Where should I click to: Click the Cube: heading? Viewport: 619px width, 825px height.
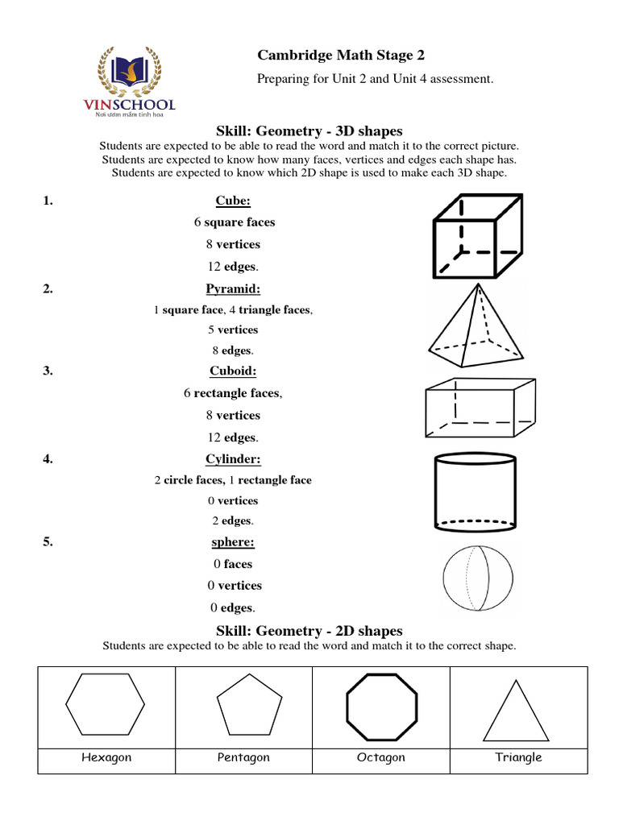pos(233,201)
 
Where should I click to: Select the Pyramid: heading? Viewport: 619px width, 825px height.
pos(233,288)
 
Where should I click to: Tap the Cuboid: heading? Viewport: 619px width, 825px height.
pos(233,371)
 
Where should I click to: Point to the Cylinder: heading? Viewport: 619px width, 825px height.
pos(233,459)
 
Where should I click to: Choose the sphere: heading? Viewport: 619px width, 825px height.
pos(233,542)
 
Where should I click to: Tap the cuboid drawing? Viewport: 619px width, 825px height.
pos(480,406)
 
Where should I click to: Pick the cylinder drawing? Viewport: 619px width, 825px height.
pos(476,492)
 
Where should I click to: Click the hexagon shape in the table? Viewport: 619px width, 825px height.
pos(106,703)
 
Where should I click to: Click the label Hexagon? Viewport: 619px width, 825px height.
pos(106,757)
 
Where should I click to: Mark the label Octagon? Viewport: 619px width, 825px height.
pos(381,757)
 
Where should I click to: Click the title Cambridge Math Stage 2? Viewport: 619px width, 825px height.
pos(341,56)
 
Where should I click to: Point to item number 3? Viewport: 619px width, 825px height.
pos(48,371)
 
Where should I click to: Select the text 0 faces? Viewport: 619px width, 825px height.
pos(233,564)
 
